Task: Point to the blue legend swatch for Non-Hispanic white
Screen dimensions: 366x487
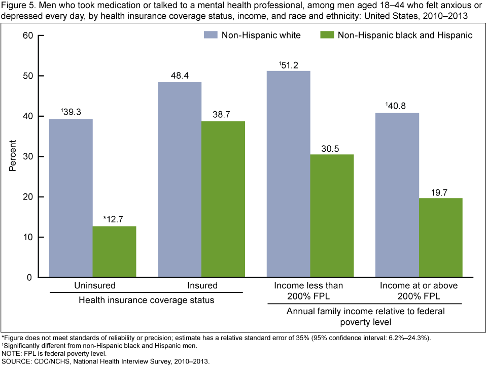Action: click(211, 36)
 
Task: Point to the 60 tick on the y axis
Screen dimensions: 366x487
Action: click(27, 36)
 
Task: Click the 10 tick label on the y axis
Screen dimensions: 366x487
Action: click(27, 237)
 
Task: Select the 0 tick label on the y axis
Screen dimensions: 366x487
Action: click(29, 278)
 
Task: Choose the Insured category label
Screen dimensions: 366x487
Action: click(202, 286)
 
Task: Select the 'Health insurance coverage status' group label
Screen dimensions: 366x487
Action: click(146, 300)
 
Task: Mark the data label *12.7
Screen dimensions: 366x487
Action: click(114, 219)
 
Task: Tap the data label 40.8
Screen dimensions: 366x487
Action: click(397, 106)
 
